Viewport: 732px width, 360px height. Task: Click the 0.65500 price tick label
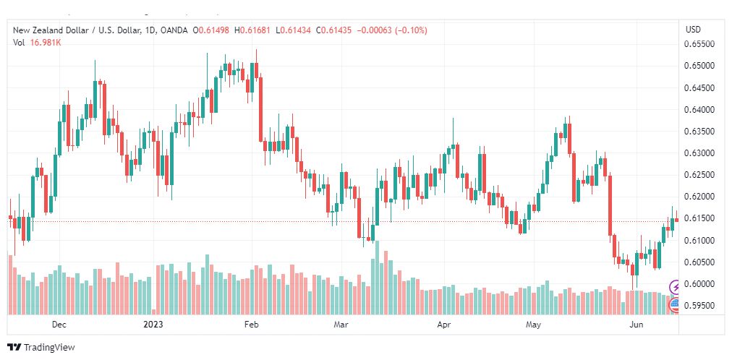[x=699, y=44]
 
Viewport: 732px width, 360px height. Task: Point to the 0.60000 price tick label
[x=699, y=284]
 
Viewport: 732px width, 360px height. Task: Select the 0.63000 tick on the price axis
[x=699, y=153]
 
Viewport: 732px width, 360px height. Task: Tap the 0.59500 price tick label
[x=699, y=306]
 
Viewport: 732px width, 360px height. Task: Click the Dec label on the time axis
[x=59, y=325]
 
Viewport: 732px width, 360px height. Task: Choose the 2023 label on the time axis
[x=153, y=325]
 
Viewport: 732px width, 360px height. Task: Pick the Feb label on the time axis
[x=251, y=325]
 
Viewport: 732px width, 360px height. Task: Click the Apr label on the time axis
[x=444, y=325]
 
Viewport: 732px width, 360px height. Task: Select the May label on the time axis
[x=533, y=325]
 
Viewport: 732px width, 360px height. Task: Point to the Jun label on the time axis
[x=636, y=325]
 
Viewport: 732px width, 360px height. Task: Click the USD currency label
[x=693, y=30]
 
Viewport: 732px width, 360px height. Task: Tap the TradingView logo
[x=41, y=348]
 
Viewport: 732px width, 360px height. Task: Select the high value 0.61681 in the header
[x=255, y=30]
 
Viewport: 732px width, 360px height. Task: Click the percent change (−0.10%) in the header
[x=411, y=30]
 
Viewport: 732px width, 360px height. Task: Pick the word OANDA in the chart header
[x=173, y=30]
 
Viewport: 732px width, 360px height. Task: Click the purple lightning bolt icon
[x=675, y=286]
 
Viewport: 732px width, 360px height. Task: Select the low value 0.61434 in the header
[x=295, y=30]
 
